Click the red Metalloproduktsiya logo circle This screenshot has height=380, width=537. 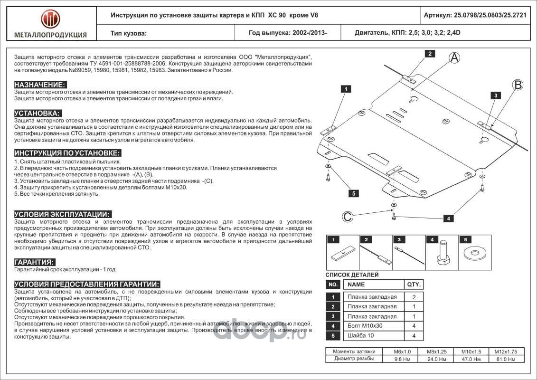tap(50, 19)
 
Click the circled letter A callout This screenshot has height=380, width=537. tap(454, 58)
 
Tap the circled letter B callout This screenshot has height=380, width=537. tap(517, 85)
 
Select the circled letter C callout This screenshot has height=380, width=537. tap(348, 217)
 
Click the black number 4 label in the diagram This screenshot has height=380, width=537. tap(448, 218)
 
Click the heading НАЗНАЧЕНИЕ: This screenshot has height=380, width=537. tap(40, 84)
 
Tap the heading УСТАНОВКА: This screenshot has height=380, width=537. tap(38, 113)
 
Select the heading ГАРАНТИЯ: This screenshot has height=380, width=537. tap(34, 262)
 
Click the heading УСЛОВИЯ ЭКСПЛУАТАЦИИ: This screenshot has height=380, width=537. tap(63, 214)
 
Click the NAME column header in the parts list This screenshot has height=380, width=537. tap(357, 285)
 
